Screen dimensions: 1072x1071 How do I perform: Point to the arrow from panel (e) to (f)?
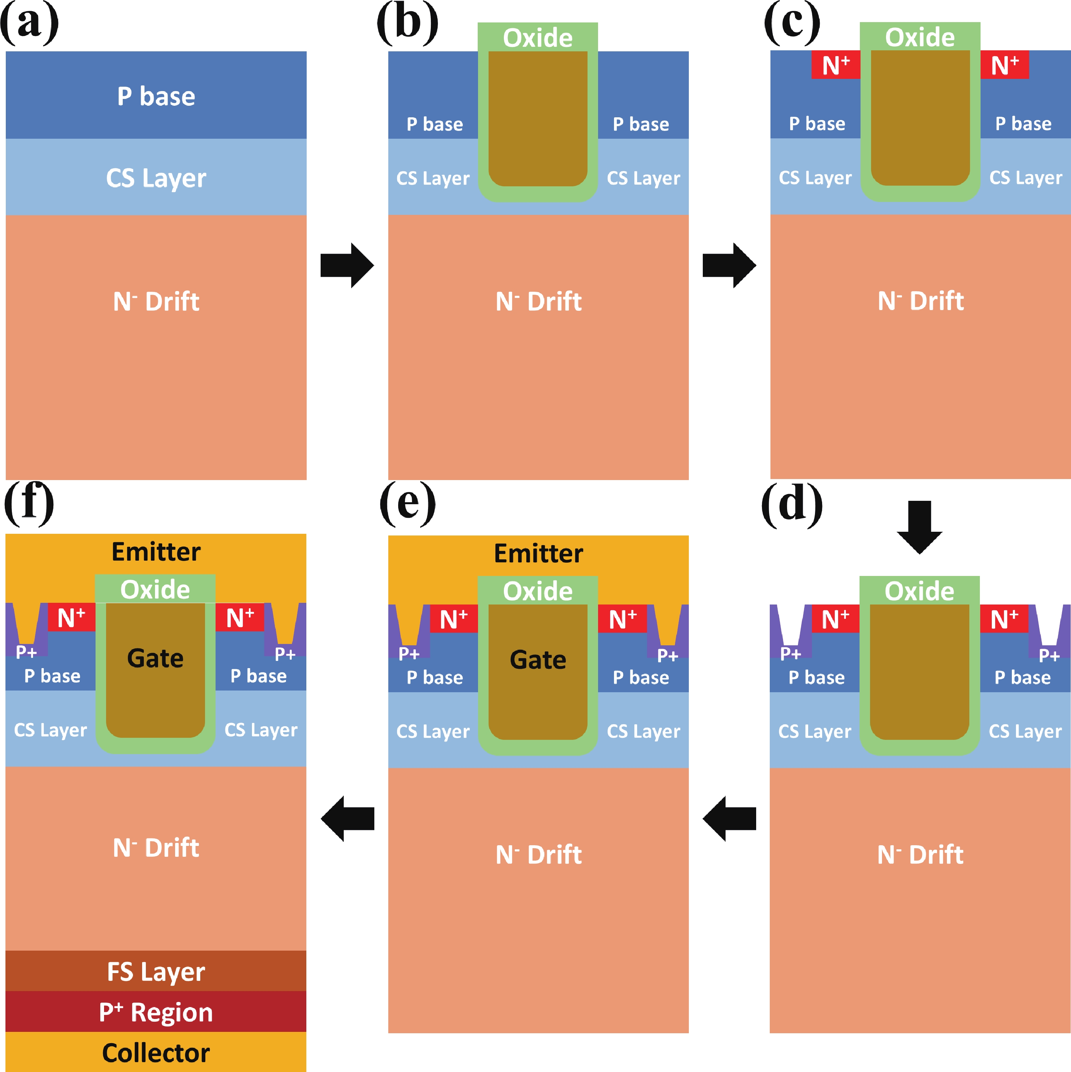(347, 818)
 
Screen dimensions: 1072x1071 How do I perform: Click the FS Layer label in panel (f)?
(156, 972)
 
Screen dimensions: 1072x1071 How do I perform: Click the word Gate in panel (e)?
(538, 660)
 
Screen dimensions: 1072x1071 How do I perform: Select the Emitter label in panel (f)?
(156, 551)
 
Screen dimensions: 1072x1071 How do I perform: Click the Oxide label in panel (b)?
(538, 38)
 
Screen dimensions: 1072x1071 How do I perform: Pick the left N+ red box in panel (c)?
(836, 65)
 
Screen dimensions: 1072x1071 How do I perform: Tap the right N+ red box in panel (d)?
(1004, 619)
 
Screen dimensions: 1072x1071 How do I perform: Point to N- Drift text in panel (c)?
(921, 301)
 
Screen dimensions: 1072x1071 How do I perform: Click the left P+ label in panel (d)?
(790, 653)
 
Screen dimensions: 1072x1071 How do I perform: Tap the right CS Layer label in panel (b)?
(643, 178)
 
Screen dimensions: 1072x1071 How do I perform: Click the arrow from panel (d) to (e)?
(729, 818)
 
